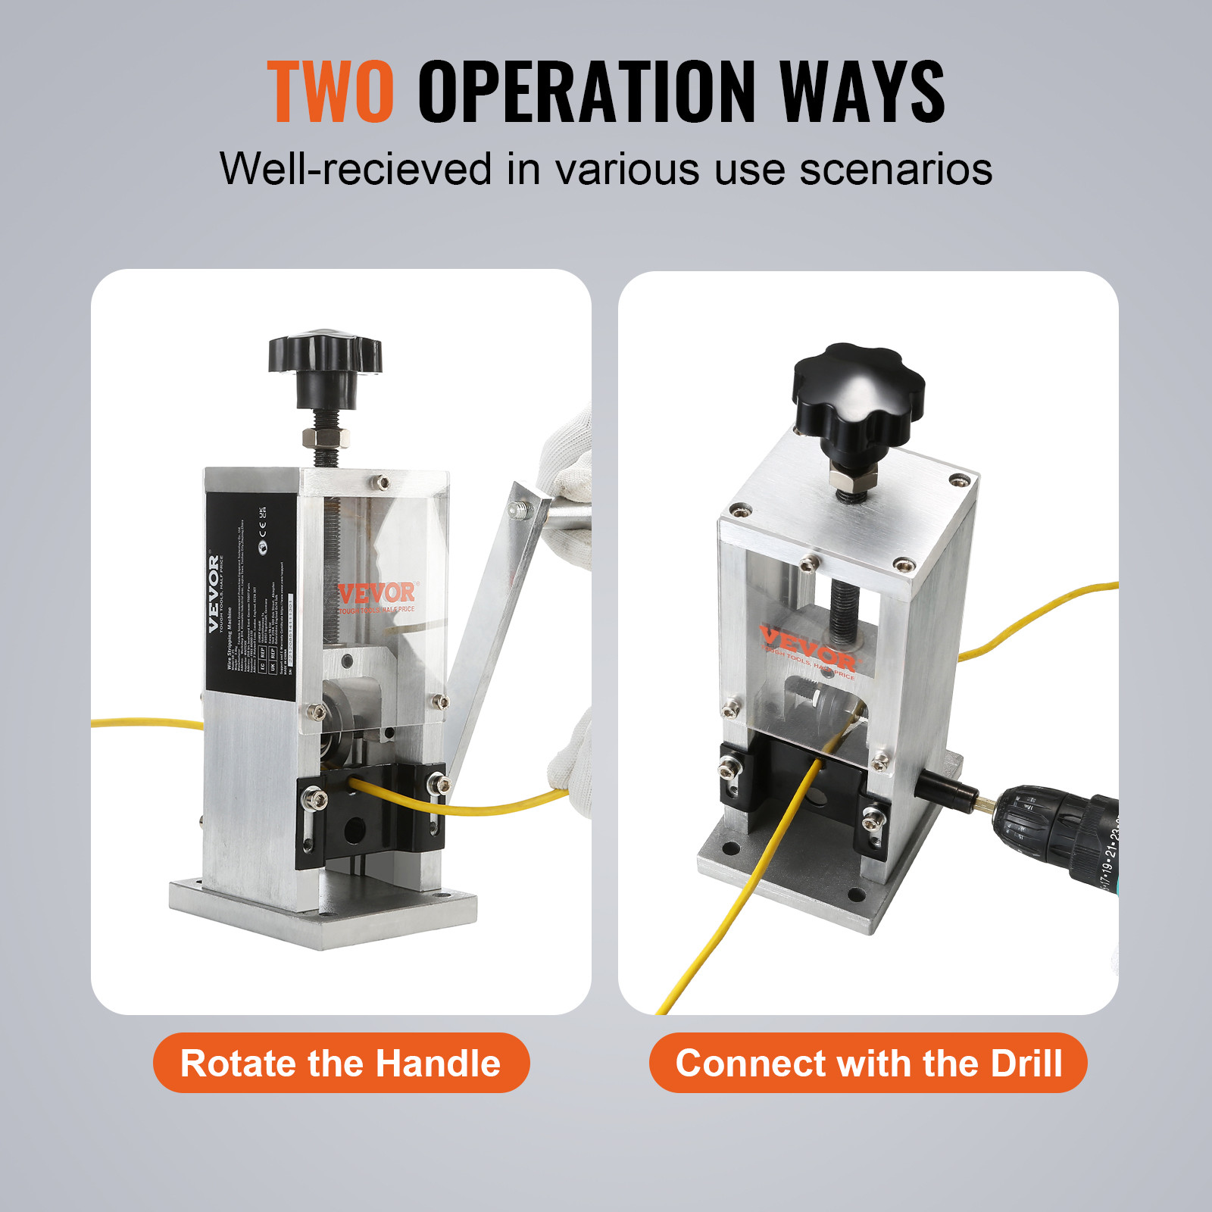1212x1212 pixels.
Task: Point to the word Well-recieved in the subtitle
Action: pyautogui.click(x=356, y=168)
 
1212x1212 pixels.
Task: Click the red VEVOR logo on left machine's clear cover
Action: pyautogui.click(x=376, y=593)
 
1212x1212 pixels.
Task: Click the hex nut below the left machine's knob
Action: pyautogui.click(x=325, y=438)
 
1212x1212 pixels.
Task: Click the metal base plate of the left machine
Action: pyautogui.click(x=326, y=920)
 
